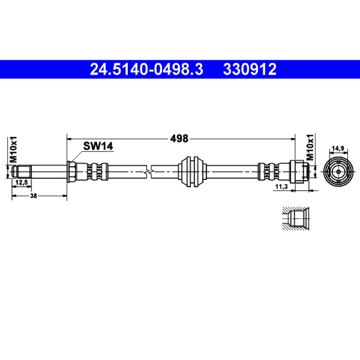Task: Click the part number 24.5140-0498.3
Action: tap(147, 69)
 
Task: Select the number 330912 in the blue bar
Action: tap(250, 69)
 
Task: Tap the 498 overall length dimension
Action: tap(179, 139)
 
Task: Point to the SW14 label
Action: tap(98, 146)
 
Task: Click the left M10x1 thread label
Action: tap(13, 149)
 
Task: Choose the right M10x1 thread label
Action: tap(310, 147)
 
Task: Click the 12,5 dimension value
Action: tap(21, 182)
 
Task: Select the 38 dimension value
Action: tap(33, 196)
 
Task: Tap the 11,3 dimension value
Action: tap(282, 187)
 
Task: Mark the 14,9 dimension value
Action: tap(338, 148)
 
